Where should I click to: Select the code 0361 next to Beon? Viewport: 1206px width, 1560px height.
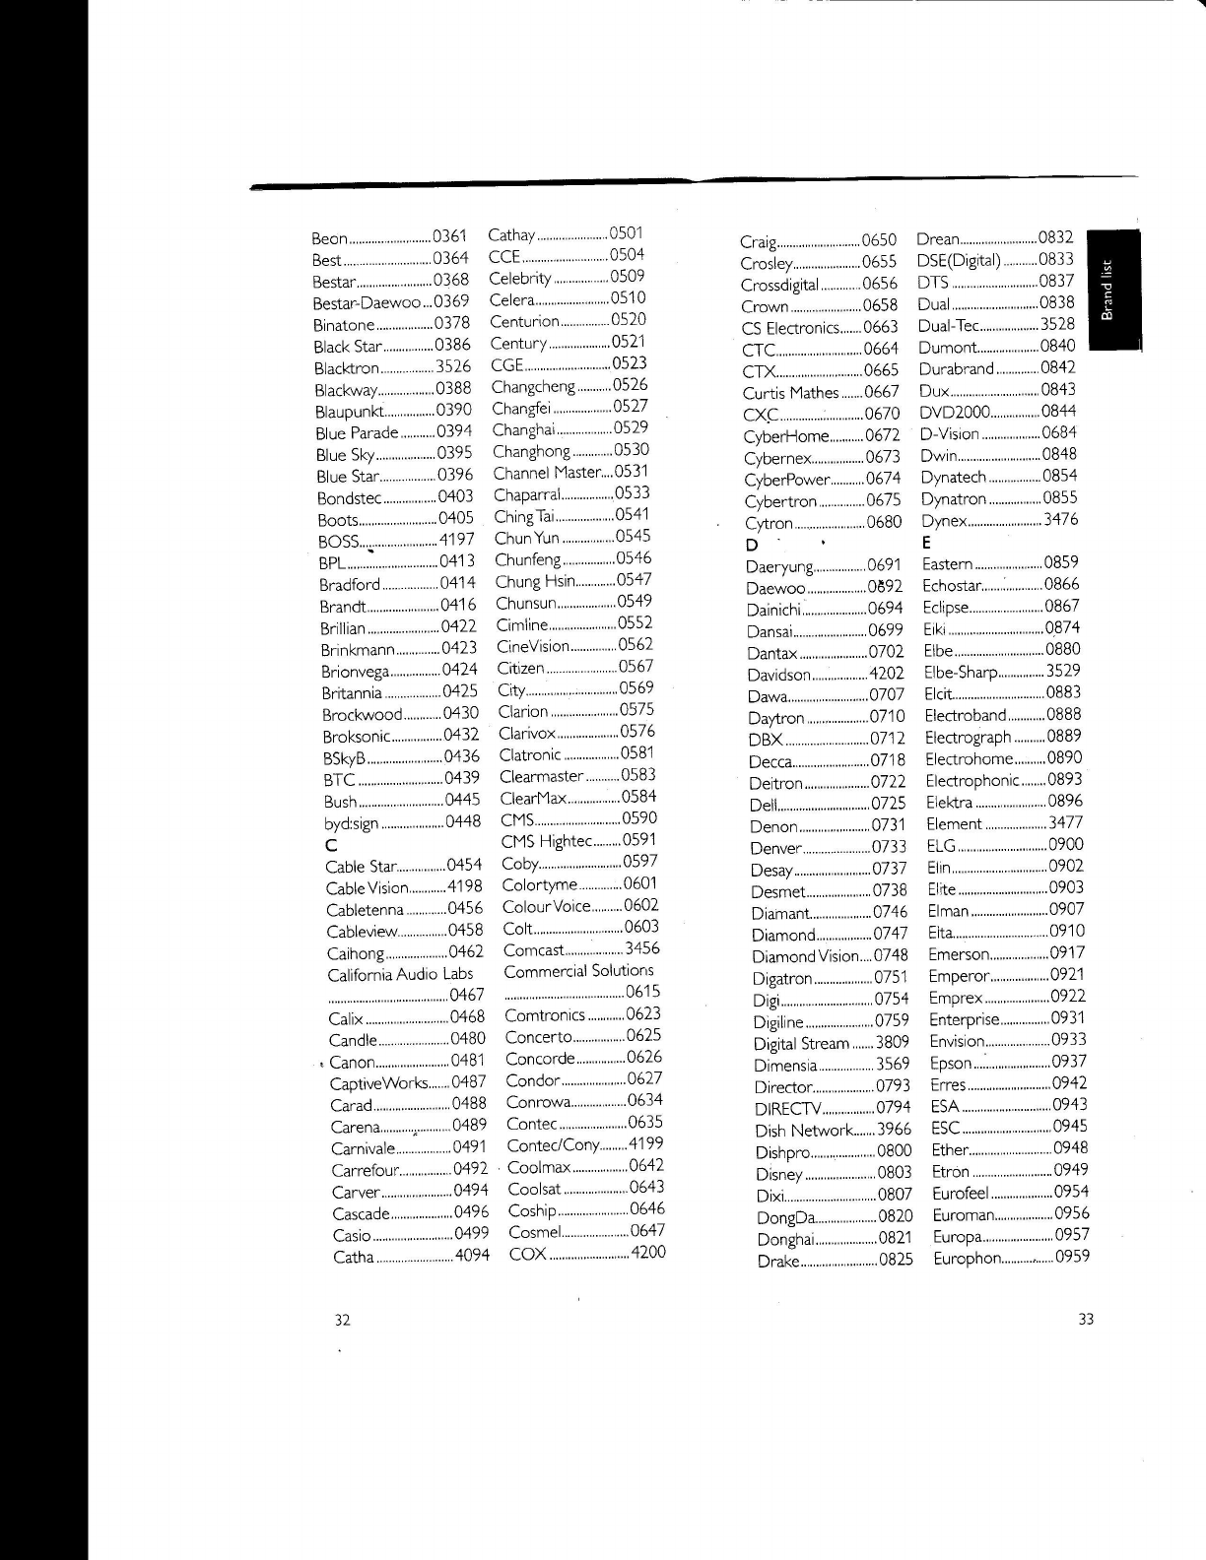(x=449, y=236)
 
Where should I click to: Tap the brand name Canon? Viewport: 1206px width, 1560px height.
(x=352, y=1063)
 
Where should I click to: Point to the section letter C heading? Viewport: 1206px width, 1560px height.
(x=331, y=845)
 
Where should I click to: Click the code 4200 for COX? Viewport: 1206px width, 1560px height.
(x=648, y=1253)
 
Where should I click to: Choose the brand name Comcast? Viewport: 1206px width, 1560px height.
(x=533, y=950)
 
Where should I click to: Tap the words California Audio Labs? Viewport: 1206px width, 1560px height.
(x=400, y=974)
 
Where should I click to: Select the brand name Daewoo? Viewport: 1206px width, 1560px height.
(x=776, y=588)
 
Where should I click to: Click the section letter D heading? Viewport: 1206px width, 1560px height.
(x=752, y=545)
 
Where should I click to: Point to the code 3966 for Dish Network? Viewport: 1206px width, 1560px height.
(x=895, y=1130)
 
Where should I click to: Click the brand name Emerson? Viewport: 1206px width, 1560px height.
(x=959, y=953)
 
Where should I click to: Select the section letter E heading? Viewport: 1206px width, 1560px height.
(x=926, y=542)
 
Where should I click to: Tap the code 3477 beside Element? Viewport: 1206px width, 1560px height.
(x=1065, y=822)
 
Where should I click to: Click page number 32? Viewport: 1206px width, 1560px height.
(x=342, y=1320)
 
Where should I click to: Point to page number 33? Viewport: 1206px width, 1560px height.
(x=1086, y=1320)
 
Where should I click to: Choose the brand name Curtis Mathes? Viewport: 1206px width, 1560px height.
(x=789, y=393)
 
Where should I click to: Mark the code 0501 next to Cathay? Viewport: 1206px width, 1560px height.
(x=626, y=233)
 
